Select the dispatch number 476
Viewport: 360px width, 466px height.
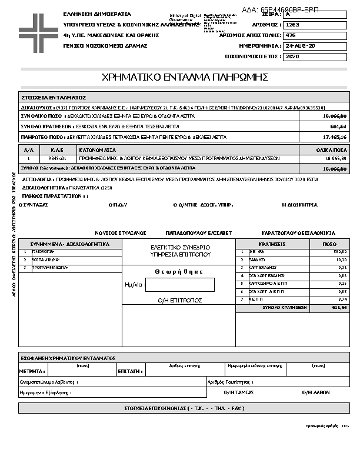click(x=290, y=35)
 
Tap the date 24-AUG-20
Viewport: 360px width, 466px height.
click(x=299, y=46)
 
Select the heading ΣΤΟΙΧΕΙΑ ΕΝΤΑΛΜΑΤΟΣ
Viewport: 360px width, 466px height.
click(x=54, y=97)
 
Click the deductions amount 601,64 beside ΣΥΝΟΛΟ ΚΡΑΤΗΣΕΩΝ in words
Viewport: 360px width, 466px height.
click(x=337, y=127)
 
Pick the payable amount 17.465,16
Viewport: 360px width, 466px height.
click(x=335, y=137)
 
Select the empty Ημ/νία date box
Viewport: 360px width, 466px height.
click(x=179, y=284)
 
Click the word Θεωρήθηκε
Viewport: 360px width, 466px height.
click(x=179, y=271)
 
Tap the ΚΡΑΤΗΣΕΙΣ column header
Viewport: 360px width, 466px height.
click(x=272, y=243)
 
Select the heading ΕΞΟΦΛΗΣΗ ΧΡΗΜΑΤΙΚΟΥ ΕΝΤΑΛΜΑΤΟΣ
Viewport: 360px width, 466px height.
click(x=68, y=358)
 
